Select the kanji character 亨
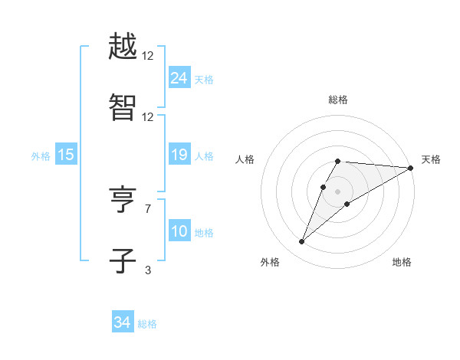pyautogui.click(x=123, y=201)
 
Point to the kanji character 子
pyautogui.click(x=123, y=260)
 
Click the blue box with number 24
pyautogui.click(x=179, y=78)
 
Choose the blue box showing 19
pyautogui.click(x=179, y=155)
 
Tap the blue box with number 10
pyautogui.click(x=179, y=231)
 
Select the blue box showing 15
pyautogui.click(x=65, y=155)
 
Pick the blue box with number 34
pyautogui.click(x=122, y=323)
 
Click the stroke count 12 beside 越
pyautogui.click(x=148, y=57)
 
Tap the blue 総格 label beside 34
pyautogui.click(x=147, y=324)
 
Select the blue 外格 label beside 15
pyautogui.click(x=41, y=155)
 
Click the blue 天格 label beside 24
pyautogui.click(x=204, y=79)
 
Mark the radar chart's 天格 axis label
pyautogui.click(x=431, y=159)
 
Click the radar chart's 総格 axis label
pyautogui.click(x=337, y=100)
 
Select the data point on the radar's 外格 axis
pyautogui.click(x=301, y=242)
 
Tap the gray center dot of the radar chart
pyautogui.click(x=337, y=191)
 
